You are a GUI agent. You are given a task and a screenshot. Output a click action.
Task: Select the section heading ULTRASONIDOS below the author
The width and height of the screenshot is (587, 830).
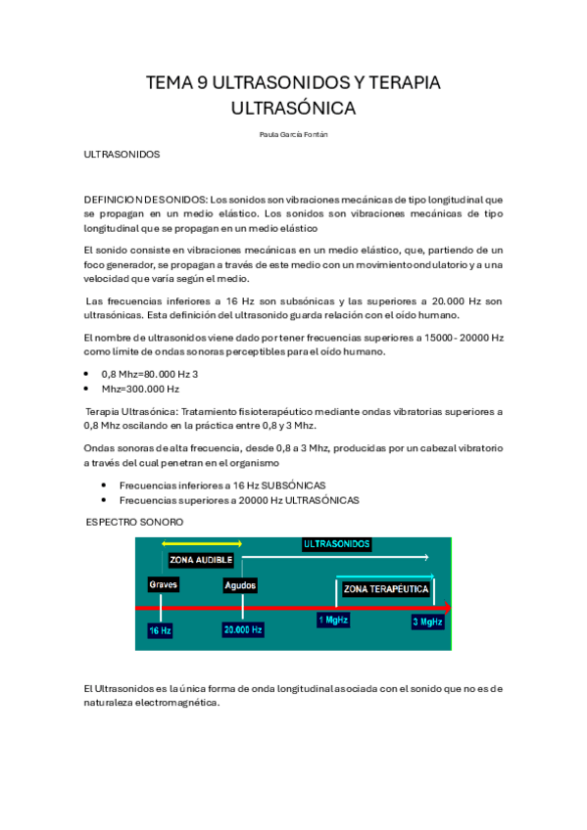(x=122, y=155)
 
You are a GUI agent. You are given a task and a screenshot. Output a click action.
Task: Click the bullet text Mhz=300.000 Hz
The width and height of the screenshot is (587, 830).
(x=140, y=389)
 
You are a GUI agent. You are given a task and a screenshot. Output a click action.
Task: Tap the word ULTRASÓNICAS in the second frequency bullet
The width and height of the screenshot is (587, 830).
(x=322, y=500)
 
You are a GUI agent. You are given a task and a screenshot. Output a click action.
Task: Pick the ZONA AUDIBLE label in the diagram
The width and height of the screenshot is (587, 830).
(x=201, y=560)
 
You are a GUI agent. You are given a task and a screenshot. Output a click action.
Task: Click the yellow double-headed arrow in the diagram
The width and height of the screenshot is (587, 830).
(x=202, y=543)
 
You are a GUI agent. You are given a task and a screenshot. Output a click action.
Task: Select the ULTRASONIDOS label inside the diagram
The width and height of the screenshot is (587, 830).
(x=336, y=543)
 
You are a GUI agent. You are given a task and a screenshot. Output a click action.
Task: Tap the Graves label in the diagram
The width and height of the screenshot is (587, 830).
(x=163, y=584)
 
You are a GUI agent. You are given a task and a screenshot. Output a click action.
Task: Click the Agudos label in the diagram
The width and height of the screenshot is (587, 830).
(x=240, y=585)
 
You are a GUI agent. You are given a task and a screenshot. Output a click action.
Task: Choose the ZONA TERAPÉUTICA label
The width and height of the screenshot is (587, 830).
(x=385, y=589)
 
